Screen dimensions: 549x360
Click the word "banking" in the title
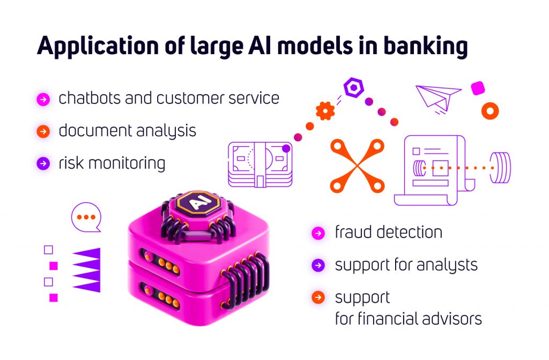[425, 47]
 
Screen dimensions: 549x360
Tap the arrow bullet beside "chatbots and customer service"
[43, 99]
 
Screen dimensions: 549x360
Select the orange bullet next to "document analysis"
[43, 132]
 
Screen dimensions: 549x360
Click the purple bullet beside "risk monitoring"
[43, 163]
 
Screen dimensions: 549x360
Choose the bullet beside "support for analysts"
[318, 265]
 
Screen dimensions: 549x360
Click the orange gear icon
[325, 110]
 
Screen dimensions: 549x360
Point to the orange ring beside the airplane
[490, 111]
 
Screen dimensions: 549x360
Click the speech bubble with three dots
[86, 217]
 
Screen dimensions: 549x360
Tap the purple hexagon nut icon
[354, 87]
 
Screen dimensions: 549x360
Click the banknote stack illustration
[260, 165]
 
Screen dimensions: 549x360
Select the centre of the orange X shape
[358, 166]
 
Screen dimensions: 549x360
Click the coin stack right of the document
[500, 168]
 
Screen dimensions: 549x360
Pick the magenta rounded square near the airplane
[478, 88]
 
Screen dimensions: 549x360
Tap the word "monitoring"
[127, 164]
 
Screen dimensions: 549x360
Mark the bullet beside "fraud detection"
[318, 233]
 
